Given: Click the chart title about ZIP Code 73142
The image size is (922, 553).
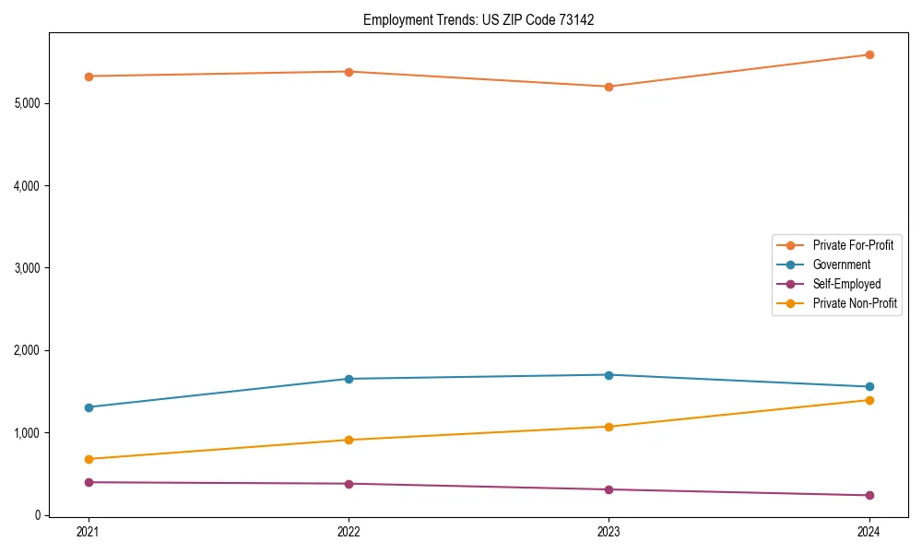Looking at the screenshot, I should (478, 19).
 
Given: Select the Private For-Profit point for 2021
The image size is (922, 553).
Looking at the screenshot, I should (89, 76).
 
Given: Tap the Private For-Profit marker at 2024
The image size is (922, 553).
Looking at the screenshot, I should (869, 55).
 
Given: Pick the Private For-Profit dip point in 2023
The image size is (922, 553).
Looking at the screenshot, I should (609, 87).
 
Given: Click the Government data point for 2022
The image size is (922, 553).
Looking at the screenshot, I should (349, 379).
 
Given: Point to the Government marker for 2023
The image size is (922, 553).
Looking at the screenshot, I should (609, 375).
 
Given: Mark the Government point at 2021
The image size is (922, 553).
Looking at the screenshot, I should (89, 407).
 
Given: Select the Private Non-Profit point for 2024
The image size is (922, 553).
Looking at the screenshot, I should (869, 400).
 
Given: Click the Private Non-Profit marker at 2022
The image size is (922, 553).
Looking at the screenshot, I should (349, 440).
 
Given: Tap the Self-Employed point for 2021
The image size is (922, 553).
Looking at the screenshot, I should (89, 482).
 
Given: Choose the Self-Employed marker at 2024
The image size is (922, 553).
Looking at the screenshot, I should (869, 496).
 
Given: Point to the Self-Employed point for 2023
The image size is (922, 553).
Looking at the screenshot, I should (609, 489).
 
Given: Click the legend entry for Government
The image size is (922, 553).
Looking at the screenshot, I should (841, 265).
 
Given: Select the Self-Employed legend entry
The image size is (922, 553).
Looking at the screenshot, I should (846, 284).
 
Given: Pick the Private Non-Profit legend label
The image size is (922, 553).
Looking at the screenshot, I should (855, 303).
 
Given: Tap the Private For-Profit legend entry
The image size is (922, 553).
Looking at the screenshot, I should (853, 245).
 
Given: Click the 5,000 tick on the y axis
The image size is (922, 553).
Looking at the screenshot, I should (28, 103).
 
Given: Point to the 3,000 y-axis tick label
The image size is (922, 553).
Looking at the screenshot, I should (28, 268).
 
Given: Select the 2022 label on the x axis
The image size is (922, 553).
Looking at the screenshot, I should (349, 531).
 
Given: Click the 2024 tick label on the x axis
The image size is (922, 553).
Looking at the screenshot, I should (869, 531).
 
